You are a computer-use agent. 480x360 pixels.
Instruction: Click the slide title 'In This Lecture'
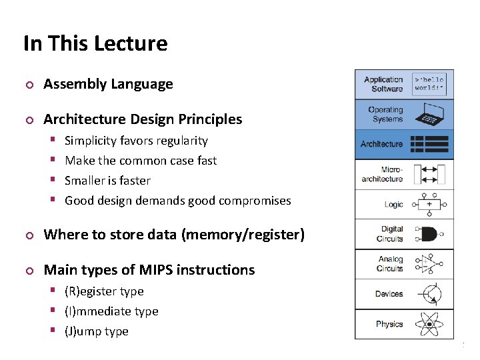tap(95, 44)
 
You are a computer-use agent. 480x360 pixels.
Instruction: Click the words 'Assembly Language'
tap(108, 84)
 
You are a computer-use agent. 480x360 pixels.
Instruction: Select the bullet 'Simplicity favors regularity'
tap(136, 141)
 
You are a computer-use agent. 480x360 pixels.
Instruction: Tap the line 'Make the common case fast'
tap(141, 161)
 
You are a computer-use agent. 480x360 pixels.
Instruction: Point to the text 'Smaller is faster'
tap(107, 181)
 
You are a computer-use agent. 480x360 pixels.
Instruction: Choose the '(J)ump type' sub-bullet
tap(96, 331)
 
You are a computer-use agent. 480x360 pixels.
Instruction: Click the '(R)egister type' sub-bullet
tap(104, 291)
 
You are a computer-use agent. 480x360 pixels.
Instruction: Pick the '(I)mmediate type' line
tap(111, 311)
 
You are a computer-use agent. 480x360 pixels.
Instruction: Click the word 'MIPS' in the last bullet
tap(155, 270)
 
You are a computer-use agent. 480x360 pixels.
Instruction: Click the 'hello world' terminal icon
tap(429, 84)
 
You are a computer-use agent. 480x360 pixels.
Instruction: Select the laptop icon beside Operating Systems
tap(428, 115)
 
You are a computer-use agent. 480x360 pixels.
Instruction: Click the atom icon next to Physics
tap(428, 324)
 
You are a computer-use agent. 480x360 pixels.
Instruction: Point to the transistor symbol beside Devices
tap(428, 294)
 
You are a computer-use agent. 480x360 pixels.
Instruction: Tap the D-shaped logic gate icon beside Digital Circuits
tap(428, 234)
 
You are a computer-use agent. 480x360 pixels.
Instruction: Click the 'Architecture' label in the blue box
tap(381, 144)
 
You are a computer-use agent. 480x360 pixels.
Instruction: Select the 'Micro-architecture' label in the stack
tap(382, 175)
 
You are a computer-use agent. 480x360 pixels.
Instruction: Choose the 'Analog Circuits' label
tap(390, 264)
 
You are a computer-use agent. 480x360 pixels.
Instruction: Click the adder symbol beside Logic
tap(428, 204)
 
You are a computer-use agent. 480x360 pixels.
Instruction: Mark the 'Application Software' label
tap(383, 84)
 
